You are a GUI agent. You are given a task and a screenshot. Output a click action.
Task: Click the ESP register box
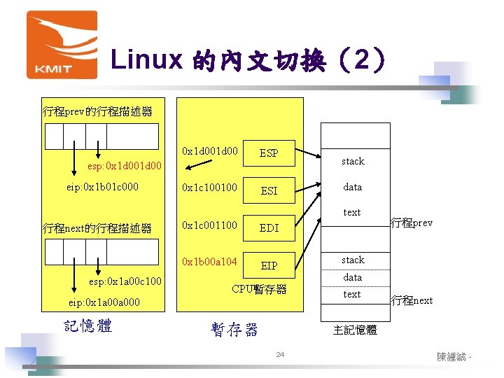tap(269, 153)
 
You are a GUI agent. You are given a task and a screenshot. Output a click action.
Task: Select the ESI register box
tap(269, 190)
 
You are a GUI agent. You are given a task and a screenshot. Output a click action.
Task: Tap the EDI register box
tap(269, 228)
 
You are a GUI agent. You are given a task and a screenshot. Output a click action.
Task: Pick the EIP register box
tap(269, 266)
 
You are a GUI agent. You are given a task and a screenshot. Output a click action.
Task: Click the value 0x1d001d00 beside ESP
tap(209, 150)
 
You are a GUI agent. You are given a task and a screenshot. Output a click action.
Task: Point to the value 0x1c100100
tap(209, 188)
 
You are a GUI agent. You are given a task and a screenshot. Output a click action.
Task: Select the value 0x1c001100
tap(209, 225)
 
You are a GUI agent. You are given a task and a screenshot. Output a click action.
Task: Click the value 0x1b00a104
tap(209, 262)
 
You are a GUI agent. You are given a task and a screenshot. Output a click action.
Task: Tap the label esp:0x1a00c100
tap(125, 281)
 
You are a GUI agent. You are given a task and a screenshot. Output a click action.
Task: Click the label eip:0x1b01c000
tap(102, 187)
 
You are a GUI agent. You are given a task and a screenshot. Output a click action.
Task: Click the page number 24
tap(279, 356)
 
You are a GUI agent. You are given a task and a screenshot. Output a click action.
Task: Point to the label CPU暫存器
tap(259, 289)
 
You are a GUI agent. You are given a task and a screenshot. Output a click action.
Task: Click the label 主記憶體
tap(355, 329)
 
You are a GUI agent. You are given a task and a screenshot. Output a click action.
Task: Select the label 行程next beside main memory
tap(412, 300)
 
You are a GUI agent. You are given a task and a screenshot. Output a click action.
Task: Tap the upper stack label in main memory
tap(353, 161)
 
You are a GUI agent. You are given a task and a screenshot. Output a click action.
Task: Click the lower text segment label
tap(352, 295)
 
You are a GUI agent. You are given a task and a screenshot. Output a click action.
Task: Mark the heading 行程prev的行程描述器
tap(97, 111)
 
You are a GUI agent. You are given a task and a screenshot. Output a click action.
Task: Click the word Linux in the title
tap(146, 61)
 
